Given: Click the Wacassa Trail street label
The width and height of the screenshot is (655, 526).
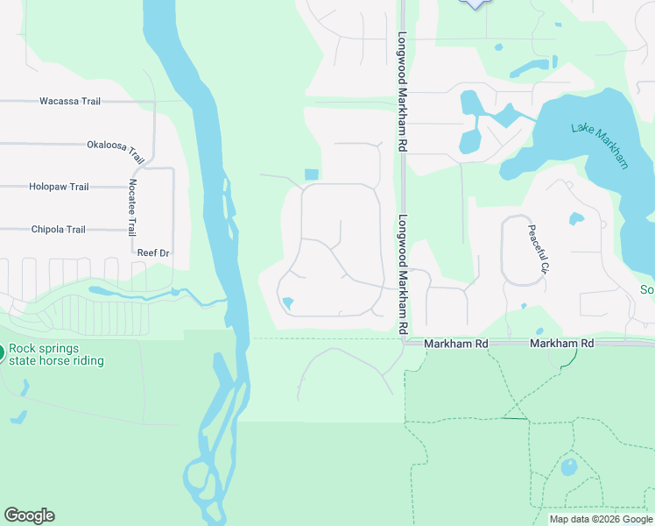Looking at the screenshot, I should click(70, 102).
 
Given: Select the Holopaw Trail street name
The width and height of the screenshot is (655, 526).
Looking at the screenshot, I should click(59, 187).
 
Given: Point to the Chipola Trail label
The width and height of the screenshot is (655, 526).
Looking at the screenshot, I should click(59, 230).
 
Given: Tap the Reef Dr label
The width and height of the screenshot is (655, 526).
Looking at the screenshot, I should click(152, 252).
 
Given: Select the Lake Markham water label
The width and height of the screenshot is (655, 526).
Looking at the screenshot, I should click(601, 145).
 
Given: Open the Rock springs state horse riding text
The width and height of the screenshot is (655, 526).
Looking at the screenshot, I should click(57, 354).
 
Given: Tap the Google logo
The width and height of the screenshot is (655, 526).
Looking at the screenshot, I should click(29, 515).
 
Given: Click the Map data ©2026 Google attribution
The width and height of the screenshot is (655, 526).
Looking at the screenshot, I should click(600, 519).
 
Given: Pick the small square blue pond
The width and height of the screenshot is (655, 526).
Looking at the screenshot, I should click(310, 174).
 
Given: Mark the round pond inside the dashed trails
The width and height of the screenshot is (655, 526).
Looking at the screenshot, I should click(569, 466).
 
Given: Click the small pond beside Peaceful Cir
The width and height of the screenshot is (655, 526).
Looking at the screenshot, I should click(576, 218).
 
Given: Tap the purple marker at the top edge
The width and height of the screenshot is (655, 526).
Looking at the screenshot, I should click(474, 4).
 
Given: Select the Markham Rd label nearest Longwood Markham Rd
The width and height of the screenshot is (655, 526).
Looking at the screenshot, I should click(455, 345).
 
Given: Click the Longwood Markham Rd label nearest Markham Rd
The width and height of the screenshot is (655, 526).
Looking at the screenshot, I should click(404, 274).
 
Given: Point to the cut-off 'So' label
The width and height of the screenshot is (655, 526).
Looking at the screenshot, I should click(647, 290).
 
